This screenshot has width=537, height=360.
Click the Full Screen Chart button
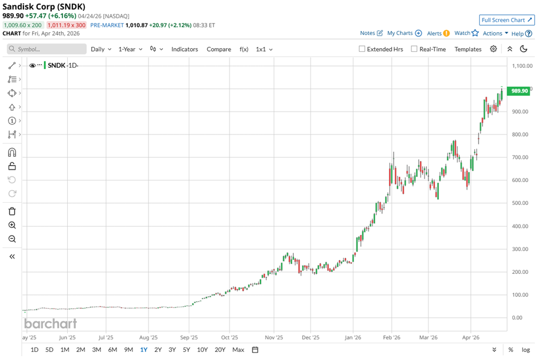(507, 20)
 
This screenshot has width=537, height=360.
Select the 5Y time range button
(186, 350)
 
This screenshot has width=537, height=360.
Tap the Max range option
(238, 350)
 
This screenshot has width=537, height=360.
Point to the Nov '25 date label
(274, 338)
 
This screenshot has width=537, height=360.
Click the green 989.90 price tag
(519, 91)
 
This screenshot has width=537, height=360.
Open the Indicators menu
(184, 49)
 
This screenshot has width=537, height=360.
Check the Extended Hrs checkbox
(362, 49)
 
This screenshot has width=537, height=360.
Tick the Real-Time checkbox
(414, 49)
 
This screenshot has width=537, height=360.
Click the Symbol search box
(47, 49)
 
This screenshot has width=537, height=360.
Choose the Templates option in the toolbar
(468, 49)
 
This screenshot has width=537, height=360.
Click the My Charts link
(404, 33)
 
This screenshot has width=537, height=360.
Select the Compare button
(219, 49)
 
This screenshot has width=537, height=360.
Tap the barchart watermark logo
(50, 324)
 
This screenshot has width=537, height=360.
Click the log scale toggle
(526, 350)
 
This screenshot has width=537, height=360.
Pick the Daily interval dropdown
(101, 49)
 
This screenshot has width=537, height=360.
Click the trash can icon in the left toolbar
(12, 211)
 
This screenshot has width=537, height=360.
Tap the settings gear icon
(493, 49)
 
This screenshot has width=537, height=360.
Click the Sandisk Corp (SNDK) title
(44, 6)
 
